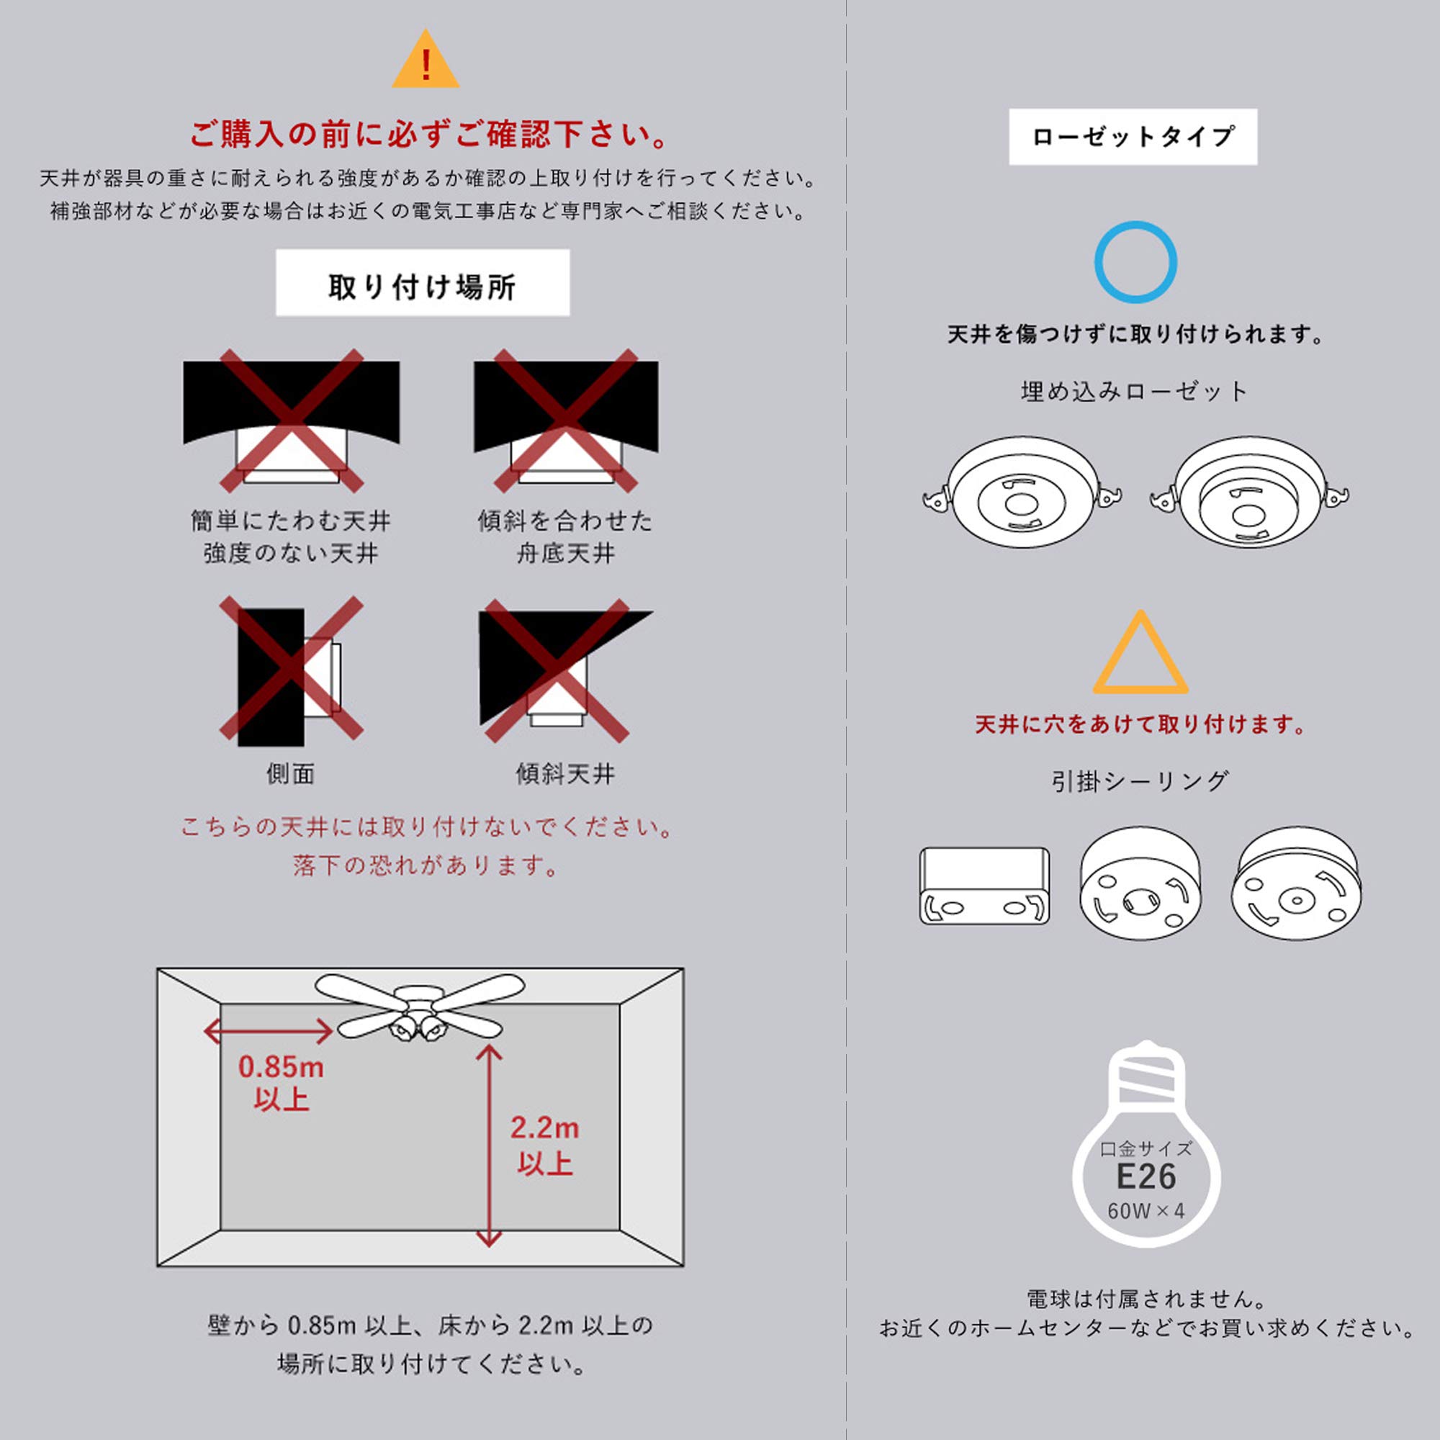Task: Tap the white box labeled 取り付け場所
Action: tap(423, 283)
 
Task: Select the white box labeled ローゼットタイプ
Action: tap(1133, 137)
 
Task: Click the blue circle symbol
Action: tap(1135, 261)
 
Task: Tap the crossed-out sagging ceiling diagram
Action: tap(292, 420)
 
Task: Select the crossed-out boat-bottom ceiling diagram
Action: tap(566, 420)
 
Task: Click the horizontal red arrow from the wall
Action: tap(269, 1032)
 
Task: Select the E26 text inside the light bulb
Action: tap(1146, 1177)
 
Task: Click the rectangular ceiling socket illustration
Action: tap(984, 886)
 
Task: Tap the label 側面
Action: tap(291, 774)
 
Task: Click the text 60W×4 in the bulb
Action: tap(1146, 1211)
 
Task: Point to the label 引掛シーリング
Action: tap(1140, 781)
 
